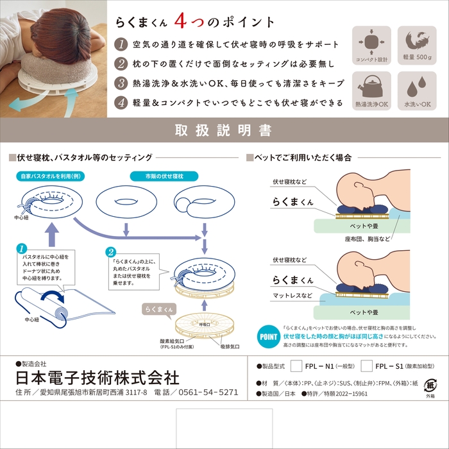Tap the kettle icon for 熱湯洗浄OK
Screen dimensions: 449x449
(x=371, y=85)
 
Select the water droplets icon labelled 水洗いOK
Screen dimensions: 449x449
(x=416, y=85)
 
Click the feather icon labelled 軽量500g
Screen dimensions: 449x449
(x=416, y=41)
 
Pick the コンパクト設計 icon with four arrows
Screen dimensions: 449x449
(x=371, y=41)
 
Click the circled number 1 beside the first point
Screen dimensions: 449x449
(x=121, y=45)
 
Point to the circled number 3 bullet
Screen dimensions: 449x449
(x=121, y=83)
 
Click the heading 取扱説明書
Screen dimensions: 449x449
(x=224, y=131)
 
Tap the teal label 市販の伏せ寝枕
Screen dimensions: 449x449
(x=157, y=175)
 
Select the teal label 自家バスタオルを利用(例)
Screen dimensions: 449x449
(x=48, y=175)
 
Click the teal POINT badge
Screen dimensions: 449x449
(x=269, y=335)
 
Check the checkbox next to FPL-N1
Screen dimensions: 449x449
(x=296, y=366)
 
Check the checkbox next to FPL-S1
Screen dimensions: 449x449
(x=366, y=366)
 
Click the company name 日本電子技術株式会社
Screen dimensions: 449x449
(x=97, y=377)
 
